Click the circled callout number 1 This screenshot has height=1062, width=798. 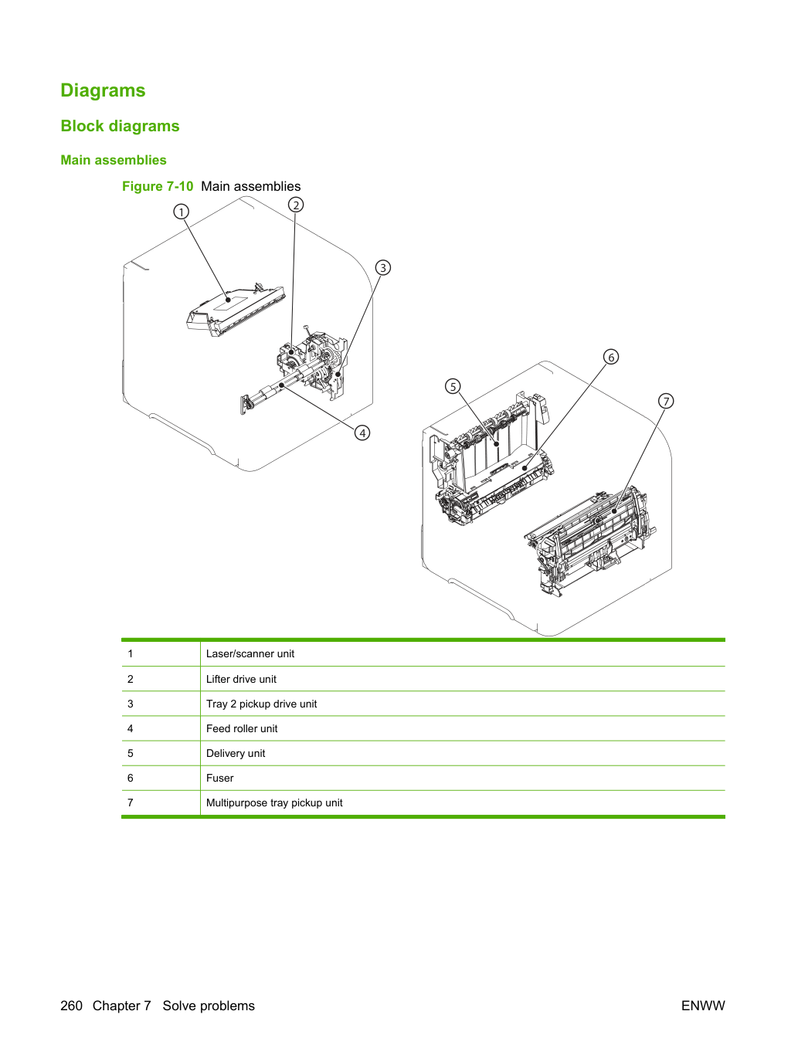pos(181,212)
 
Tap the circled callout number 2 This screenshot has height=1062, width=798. pos(296,205)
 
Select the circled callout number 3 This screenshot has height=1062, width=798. pos(383,267)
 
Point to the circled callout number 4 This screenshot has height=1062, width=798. pos(362,433)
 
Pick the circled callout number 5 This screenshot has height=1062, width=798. pos(453,386)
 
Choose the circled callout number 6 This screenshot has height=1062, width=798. pos(611,357)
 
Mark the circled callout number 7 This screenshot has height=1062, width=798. pos(666,401)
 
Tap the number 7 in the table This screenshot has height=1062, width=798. pos(131,802)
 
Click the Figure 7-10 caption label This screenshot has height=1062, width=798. pos(158,186)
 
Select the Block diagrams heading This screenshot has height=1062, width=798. pos(120,126)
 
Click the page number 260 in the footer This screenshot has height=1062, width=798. pos(71,1006)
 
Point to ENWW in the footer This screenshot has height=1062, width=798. pos(703,1006)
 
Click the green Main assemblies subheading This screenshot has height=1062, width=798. pos(114,160)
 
